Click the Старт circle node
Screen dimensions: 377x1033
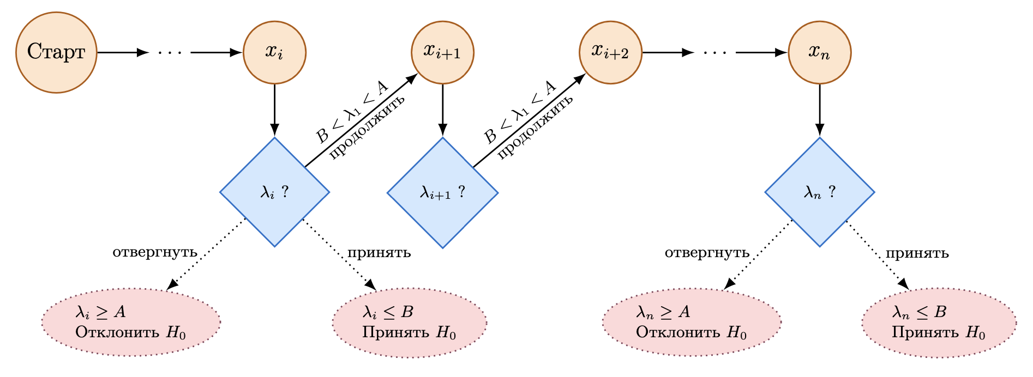[56, 52]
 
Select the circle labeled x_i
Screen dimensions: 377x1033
[274, 52]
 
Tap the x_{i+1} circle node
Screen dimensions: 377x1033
[442, 52]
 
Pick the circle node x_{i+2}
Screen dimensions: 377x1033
[610, 52]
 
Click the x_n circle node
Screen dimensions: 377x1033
[819, 52]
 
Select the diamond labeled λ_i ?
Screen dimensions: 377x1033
[274, 192]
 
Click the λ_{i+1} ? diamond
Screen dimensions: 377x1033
[442, 192]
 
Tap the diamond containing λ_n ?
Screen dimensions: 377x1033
[819, 192]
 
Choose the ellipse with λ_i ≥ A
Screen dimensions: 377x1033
[131, 322]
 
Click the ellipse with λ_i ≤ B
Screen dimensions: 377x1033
[409, 322]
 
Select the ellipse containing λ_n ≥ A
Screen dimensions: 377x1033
[692, 322]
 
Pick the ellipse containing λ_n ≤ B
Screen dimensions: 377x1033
[939, 322]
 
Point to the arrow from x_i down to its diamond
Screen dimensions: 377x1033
[274, 109]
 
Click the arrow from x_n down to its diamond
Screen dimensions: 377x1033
[819, 109]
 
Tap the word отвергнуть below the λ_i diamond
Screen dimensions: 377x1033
[155, 253]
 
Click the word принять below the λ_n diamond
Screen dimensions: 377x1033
[917, 253]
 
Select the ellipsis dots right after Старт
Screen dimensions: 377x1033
[169, 53]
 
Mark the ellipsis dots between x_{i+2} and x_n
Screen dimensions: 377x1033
[714, 53]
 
